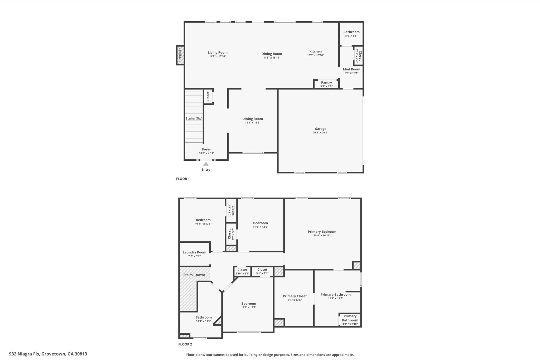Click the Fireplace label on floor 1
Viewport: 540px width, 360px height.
180,55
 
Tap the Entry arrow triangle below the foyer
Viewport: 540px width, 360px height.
206,164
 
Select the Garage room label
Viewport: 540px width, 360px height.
320,129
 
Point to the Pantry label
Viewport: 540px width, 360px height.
326,83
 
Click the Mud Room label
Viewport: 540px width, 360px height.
351,69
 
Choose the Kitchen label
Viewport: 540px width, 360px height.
315,51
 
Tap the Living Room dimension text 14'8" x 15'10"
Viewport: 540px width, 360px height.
218,56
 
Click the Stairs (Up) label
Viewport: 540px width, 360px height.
194,118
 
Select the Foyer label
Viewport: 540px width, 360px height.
206,149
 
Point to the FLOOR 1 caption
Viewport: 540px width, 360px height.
183,179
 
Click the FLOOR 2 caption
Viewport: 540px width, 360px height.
185,344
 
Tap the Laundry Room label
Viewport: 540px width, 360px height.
194,252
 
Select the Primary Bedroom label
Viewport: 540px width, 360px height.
322,232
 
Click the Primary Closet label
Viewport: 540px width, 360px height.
295,296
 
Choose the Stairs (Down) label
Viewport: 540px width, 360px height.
194,275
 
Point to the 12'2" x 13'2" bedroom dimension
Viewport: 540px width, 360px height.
249,308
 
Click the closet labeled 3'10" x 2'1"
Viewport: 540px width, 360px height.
242,271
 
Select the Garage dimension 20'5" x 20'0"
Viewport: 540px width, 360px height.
320,133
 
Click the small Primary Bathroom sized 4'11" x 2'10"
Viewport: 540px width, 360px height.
350,320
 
